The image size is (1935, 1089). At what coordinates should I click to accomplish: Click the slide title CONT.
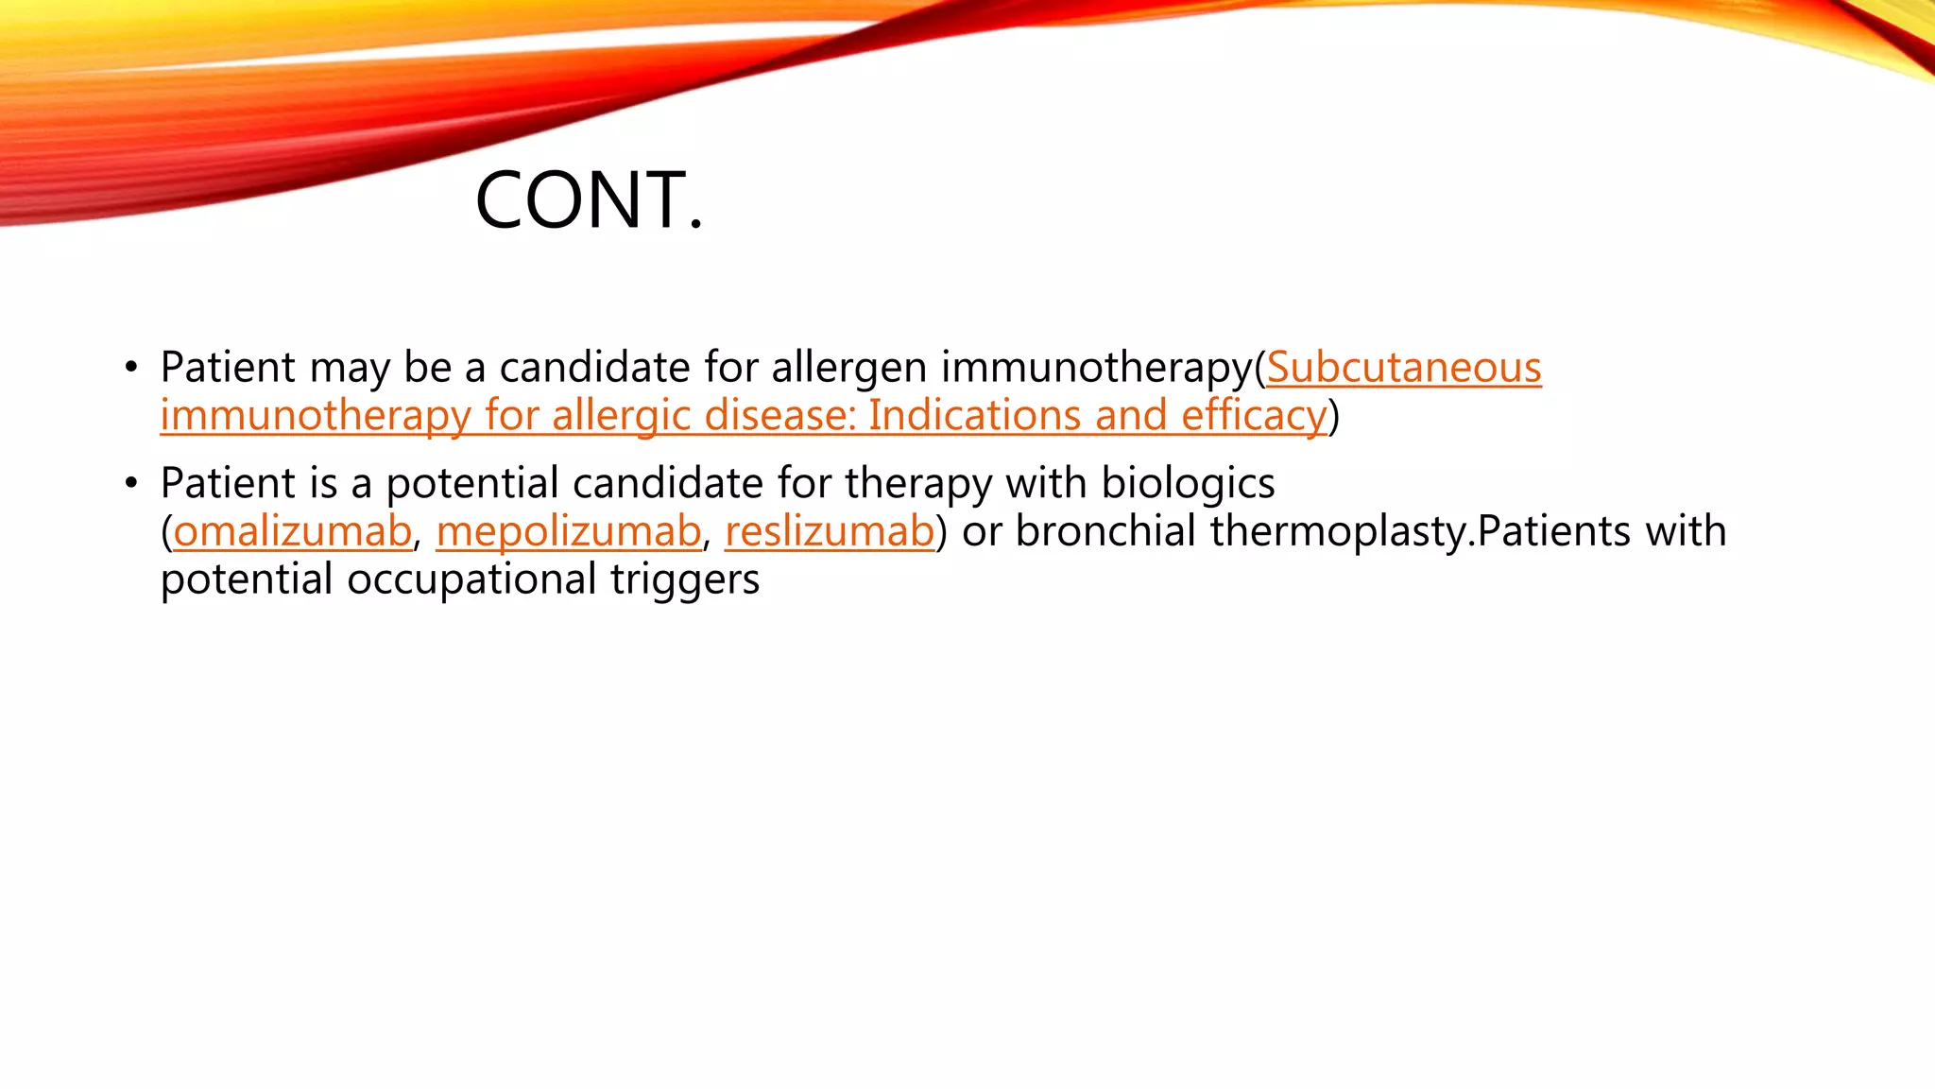[x=589, y=200]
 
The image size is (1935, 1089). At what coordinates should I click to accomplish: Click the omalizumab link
[x=292, y=531]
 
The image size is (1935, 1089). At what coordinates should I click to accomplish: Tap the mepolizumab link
[x=568, y=531]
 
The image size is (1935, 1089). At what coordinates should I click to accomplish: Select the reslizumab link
[x=829, y=531]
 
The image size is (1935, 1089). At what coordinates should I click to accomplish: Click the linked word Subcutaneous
[x=1403, y=368]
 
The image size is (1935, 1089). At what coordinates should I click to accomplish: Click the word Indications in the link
[x=974, y=416]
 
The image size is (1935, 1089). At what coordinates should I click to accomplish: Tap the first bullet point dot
[x=131, y=368]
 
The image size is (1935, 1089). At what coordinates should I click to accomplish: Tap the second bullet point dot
[x=131, y=484]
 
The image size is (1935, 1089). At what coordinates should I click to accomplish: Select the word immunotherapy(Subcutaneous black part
[x=1096, y=368]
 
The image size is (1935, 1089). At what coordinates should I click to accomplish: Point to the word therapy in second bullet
[x=917, y=484]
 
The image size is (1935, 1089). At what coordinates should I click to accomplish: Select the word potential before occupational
[x=246, y=579]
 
